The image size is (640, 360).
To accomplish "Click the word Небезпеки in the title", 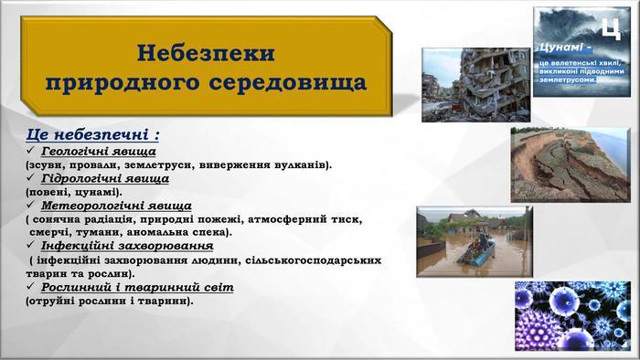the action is [x=206, y=53].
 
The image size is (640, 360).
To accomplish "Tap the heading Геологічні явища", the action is [x=99, y=152].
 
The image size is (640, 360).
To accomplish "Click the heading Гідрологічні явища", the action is [x=105, y=178].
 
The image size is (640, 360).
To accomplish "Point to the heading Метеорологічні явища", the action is [x=116, y=206].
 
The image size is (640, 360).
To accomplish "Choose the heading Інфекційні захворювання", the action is [x=127, y=246].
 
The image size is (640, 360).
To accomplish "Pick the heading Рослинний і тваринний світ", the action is [x=137, y=287].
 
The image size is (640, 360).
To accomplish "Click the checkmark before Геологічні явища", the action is [x=30, y=151].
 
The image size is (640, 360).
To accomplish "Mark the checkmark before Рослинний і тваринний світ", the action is [x=30, y=286].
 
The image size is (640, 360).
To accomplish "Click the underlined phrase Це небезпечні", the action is [x=87, y=134].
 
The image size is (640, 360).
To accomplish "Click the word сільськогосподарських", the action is [x=314, y=260].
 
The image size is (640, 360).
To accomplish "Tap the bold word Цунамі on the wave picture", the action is [x=560, y=48].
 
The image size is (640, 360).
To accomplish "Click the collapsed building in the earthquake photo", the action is [x=493, y=81].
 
